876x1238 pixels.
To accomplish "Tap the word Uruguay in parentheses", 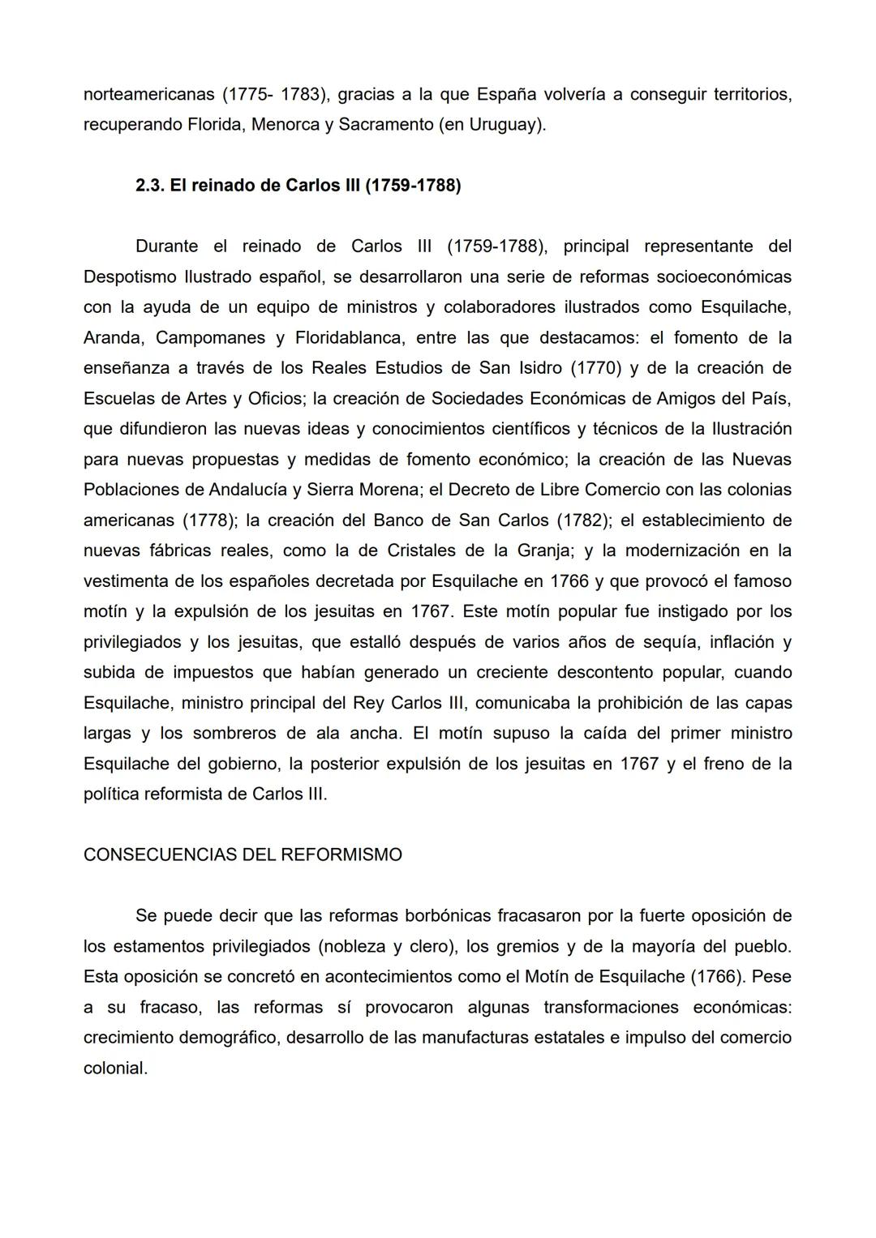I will point(505,125).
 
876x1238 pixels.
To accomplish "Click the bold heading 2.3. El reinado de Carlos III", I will point(298,186).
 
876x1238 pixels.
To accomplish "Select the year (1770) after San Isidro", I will point(596,368).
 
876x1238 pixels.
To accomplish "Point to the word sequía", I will point(663,642).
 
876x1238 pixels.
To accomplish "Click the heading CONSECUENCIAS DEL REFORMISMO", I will point(243,855).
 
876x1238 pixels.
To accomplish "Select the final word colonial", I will point(115,1069).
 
